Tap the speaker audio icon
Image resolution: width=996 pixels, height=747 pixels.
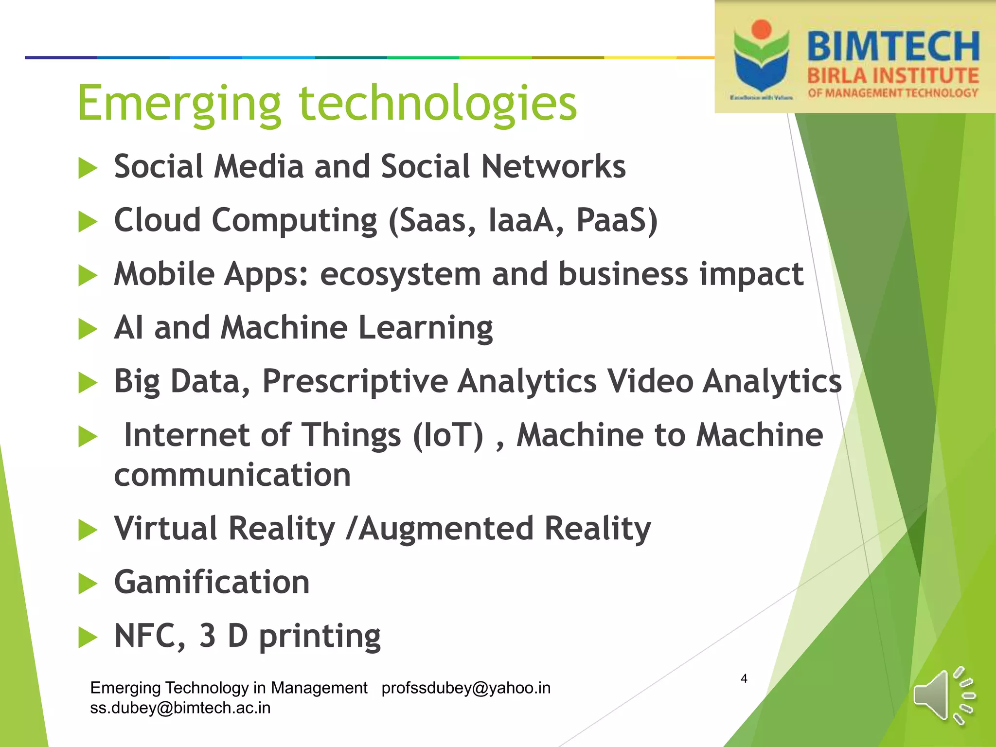pyautogui.click(x=943, y=695)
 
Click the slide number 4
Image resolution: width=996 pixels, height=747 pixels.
pyautogui.click(x=744, y=678)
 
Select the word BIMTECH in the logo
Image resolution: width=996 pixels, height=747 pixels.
pyautogui.click(x=893, y=47)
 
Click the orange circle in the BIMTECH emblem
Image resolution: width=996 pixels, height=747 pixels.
pyautogui.click(x=761, y=29)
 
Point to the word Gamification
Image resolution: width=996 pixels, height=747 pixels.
pyautogui.click(x=212, y=582)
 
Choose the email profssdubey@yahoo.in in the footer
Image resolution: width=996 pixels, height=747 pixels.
pyautogui.click(x=466, y=688)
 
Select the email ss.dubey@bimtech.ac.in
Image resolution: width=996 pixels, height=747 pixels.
pyautogui.click(x=180, y=708)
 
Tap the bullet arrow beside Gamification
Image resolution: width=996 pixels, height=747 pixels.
pyautogui.click(x=88, y=584)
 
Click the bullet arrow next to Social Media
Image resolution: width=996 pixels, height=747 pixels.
pyautogui.click(x=88, y=168)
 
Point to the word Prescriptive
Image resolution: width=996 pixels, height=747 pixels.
pyautogui.click(x=355, y=381)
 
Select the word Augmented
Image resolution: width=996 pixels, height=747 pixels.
pyautogui.click(x=447, y=528)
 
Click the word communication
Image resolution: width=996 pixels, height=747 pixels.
pyautogui.click(x=232, y=475)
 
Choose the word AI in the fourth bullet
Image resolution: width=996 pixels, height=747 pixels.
pyautogui.click(x=128, y=327)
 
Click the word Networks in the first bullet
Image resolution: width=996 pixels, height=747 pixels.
pyautogui.click(x=553, y=167)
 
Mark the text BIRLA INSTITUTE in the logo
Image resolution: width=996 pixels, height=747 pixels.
pyautogui.click(x=893, y=76)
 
